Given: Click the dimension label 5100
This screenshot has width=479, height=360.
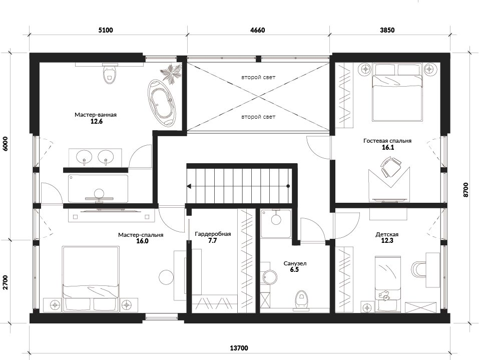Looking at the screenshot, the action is click(106, 30).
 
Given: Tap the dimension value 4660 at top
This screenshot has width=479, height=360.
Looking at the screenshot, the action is click(258, 30).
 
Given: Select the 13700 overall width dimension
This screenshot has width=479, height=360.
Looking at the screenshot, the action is click(239, 348).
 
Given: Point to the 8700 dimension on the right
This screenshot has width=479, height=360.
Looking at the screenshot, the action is click(465, 189).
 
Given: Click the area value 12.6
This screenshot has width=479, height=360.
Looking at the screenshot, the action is click(96, 121).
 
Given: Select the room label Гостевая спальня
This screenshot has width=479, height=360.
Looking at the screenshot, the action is click(387, 141).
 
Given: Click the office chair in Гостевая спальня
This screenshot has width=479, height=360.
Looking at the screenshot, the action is click(390, 167).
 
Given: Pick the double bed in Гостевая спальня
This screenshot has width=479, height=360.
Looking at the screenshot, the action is click(397, 92).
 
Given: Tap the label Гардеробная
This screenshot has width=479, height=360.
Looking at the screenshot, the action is click(213, 234).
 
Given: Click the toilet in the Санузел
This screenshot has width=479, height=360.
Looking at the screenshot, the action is click(301, 300).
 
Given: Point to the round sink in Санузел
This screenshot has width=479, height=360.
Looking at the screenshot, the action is click(270, 276).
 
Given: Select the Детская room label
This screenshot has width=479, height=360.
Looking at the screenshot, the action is click(387, 234).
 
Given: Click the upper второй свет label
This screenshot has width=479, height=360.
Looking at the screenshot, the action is click(258, 77).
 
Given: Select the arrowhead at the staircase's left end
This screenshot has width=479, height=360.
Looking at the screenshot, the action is click(189, 186).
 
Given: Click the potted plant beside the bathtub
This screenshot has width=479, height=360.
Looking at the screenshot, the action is click(171, 73).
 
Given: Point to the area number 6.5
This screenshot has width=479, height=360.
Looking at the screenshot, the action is click(294, 270).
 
